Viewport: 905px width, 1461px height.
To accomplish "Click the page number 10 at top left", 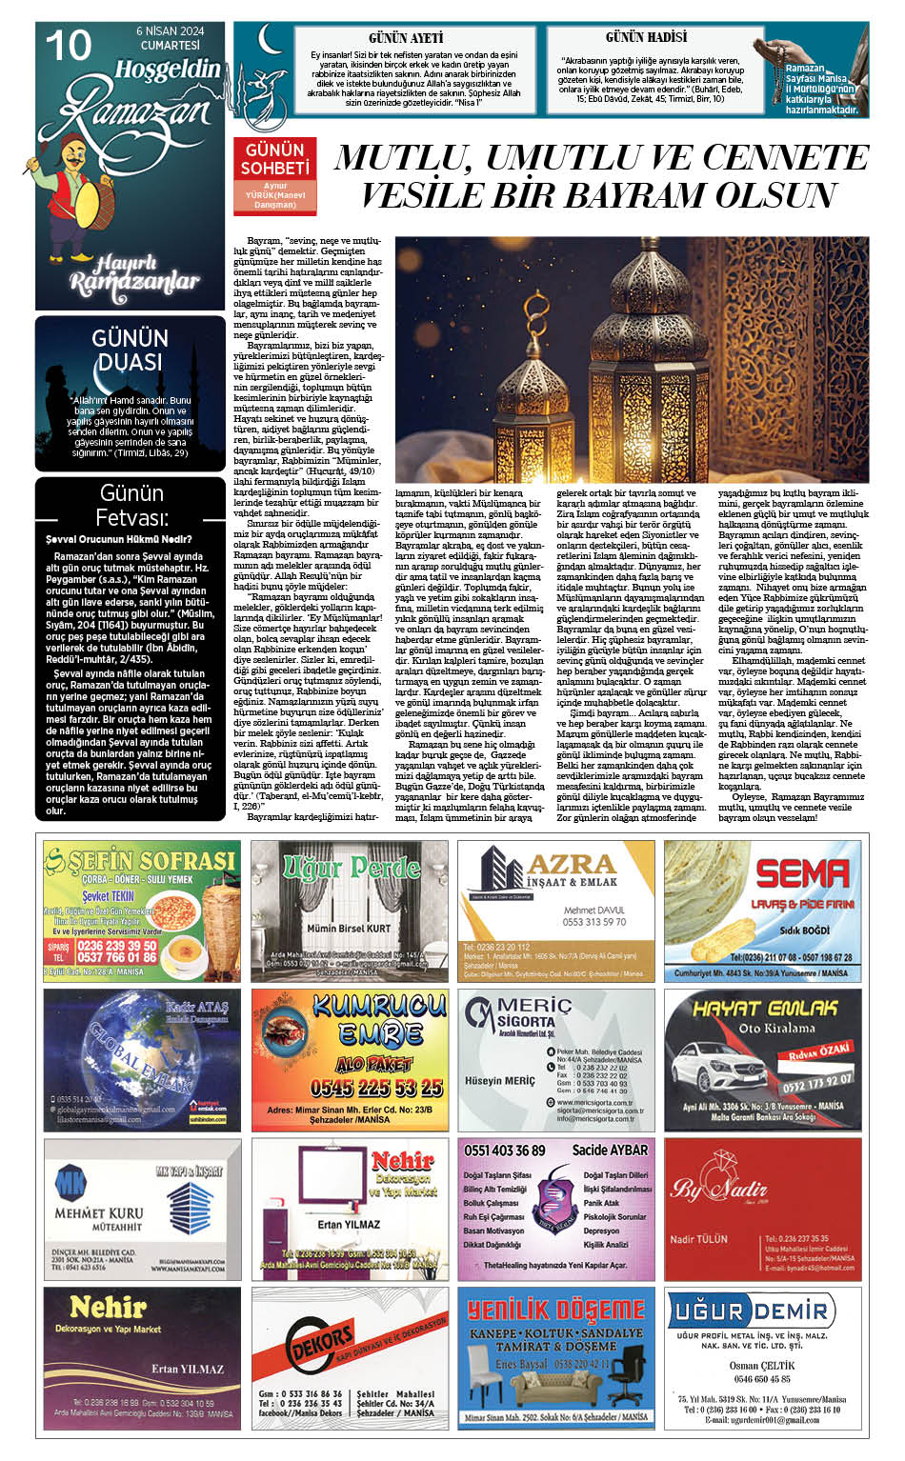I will (x=68, y=45).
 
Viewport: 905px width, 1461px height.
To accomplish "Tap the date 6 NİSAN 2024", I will (x=171, y=30).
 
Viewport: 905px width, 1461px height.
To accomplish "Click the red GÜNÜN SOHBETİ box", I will (x=275, y=159).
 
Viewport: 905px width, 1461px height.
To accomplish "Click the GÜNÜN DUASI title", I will (x=130, y=350).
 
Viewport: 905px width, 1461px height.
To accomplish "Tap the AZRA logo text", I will (x=571, y=865).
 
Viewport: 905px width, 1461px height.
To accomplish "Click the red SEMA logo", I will (x=801, y=872).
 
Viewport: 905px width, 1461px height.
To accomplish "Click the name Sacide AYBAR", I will (x=610, y=1150).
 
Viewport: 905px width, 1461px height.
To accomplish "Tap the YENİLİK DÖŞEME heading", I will (x=555, y=1310).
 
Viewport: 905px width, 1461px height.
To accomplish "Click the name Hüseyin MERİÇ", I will (x=500, y=1081).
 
